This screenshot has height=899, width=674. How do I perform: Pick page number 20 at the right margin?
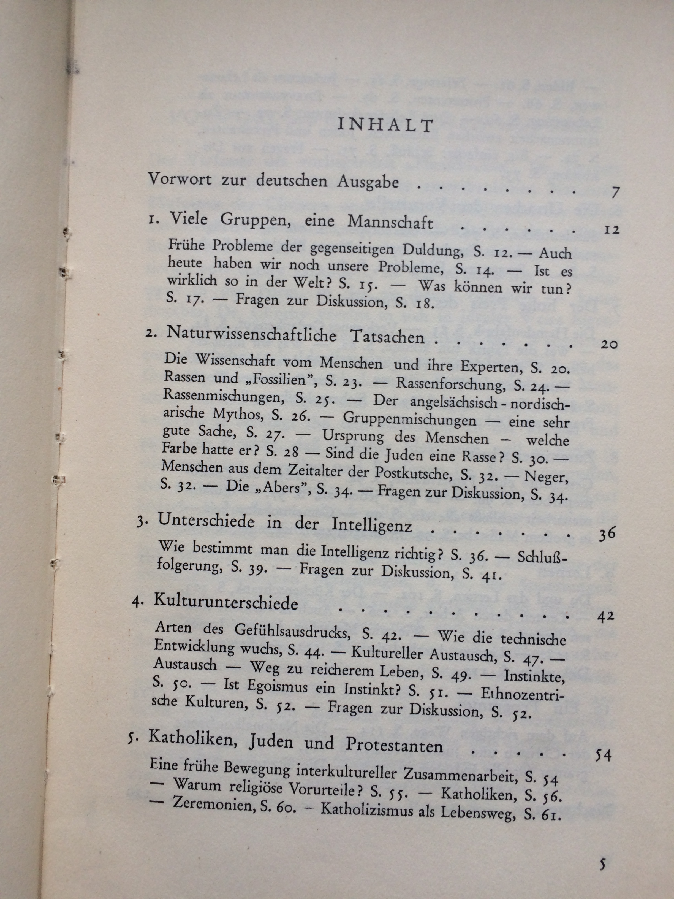(608, 345)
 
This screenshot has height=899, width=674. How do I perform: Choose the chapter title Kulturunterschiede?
(226, 602)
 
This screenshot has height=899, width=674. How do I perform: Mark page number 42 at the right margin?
(606, 617)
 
